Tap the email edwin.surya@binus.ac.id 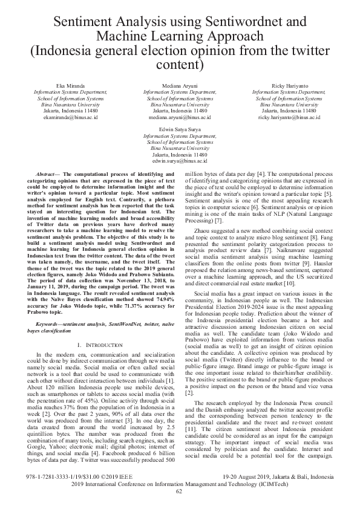coord(180,161)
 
